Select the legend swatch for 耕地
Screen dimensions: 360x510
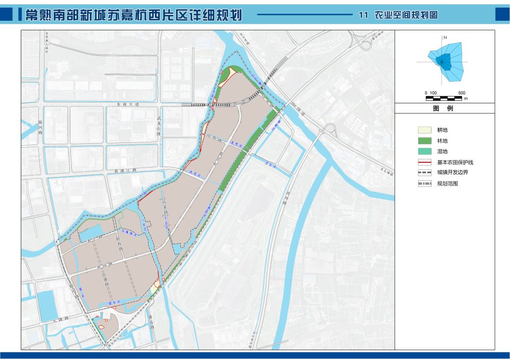pos(425,130)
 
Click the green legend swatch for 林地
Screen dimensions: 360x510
pos(425,141)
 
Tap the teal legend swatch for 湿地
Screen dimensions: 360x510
pos(425,151)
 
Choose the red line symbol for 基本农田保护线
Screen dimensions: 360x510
pos(425,162)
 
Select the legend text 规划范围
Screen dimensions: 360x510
pos(447,184)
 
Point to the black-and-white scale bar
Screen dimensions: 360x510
pos(444,98)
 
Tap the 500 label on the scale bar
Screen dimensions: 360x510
pos(462,93)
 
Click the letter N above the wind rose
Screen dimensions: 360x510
pos(445,37)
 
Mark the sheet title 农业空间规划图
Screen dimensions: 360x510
pos(406,15)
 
